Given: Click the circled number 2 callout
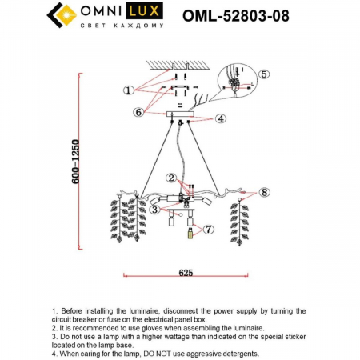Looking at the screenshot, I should pyautogui.click(x=170, y=177).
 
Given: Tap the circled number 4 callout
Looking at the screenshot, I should pyautogui.click(x=220, y=118).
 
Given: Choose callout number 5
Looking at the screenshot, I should pyautogui.click(x=264, y=74).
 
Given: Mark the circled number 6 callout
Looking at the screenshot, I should pyautogui.click(x=138, y=113).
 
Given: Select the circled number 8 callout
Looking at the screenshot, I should pyautogui.click(x=265, y=192).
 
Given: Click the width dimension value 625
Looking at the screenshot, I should pyautogui.click(x=186, y=273).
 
